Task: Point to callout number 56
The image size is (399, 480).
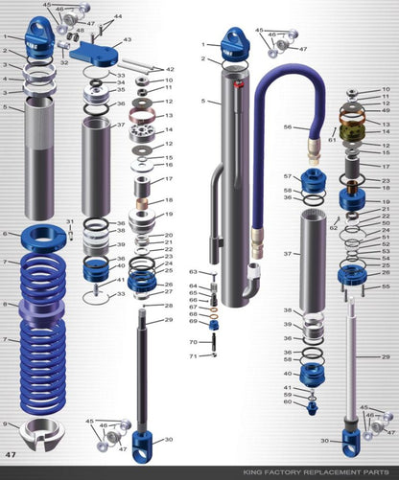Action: (x=287, y=126)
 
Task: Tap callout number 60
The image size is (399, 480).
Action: (x=286, y=402)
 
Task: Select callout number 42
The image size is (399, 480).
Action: (x=170, y=69)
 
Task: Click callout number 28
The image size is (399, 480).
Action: (x=169, y=306)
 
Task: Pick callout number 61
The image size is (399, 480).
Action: (x=333, y=138)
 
